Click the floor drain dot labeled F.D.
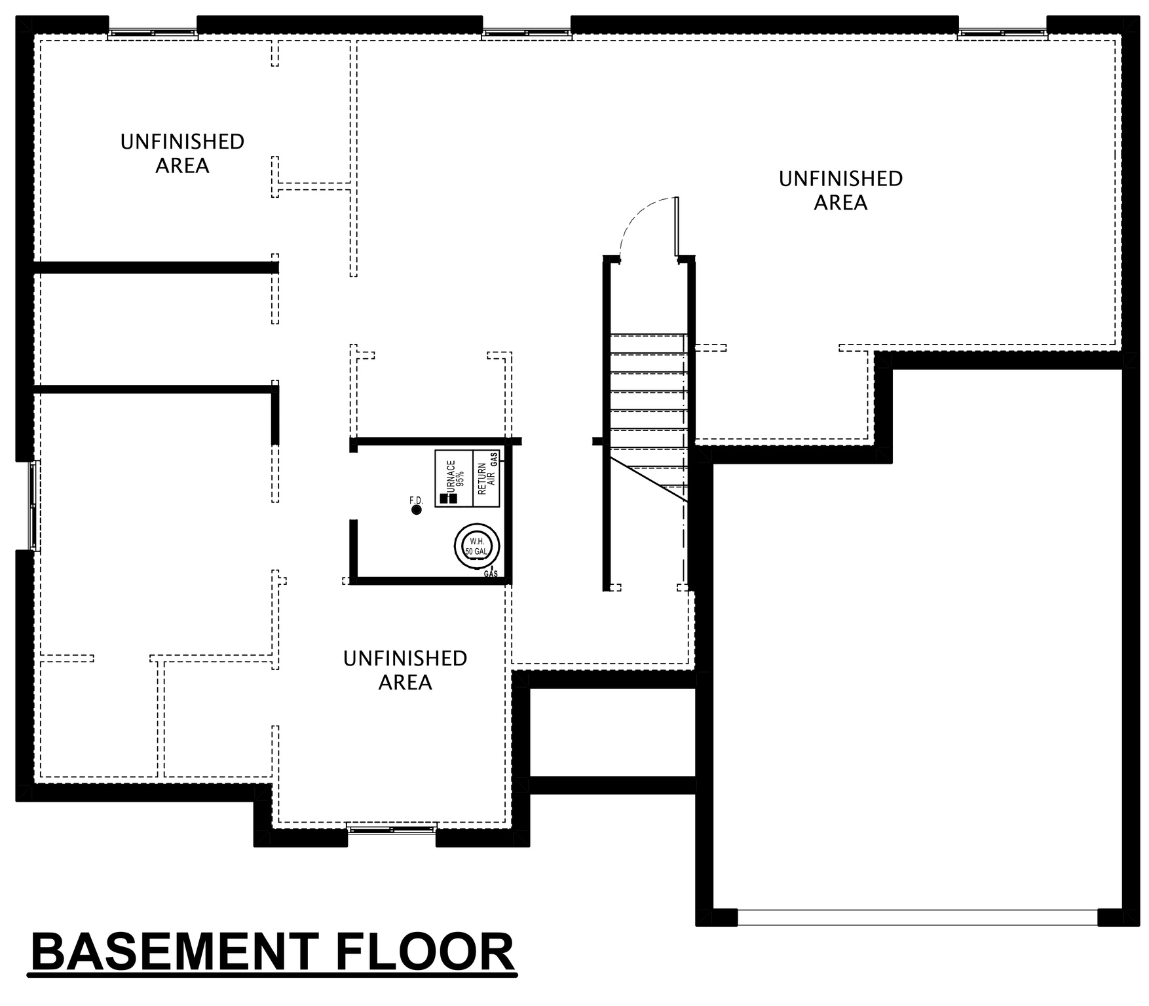click(416, 510)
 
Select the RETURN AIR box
click(486, 479)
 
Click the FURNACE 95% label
click(454, 473)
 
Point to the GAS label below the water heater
click(491, 574)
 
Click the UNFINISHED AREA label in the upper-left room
click(182, 153)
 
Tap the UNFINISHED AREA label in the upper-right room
click(840, 191)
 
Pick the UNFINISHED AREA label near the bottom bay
click(405, 670)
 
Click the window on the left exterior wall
click(34, 505)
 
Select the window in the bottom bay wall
click(391, 830)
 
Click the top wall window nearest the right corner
click(1002, 32)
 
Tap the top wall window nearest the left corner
click(153, 32)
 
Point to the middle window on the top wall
click(527, 32)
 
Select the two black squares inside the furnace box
click(448, 498)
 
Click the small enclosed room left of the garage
click(612, 732)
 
